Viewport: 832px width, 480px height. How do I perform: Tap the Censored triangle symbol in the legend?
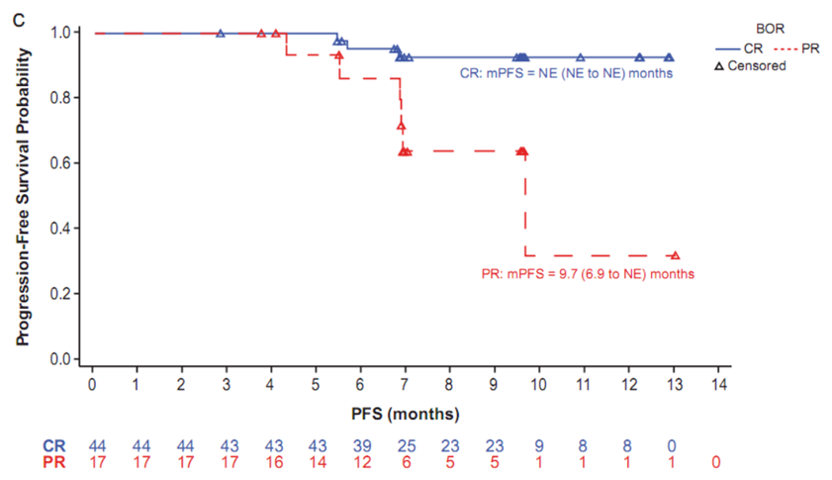(x=719, y=65)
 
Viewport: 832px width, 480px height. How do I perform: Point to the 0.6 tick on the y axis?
(x=70, y=163)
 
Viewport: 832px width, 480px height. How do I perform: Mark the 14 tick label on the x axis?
(x=719, y=384)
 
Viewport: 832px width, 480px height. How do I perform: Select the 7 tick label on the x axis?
(x=405, y=384)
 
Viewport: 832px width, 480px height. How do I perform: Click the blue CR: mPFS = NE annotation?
(x=567, y=72)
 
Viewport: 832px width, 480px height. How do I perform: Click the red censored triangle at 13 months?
(x=675, y=255)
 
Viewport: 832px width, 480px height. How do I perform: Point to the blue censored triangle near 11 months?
(x=581, y=57)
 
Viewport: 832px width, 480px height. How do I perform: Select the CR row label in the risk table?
(x=55, y=445)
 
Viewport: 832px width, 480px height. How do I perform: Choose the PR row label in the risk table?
(x=55, y=461)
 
